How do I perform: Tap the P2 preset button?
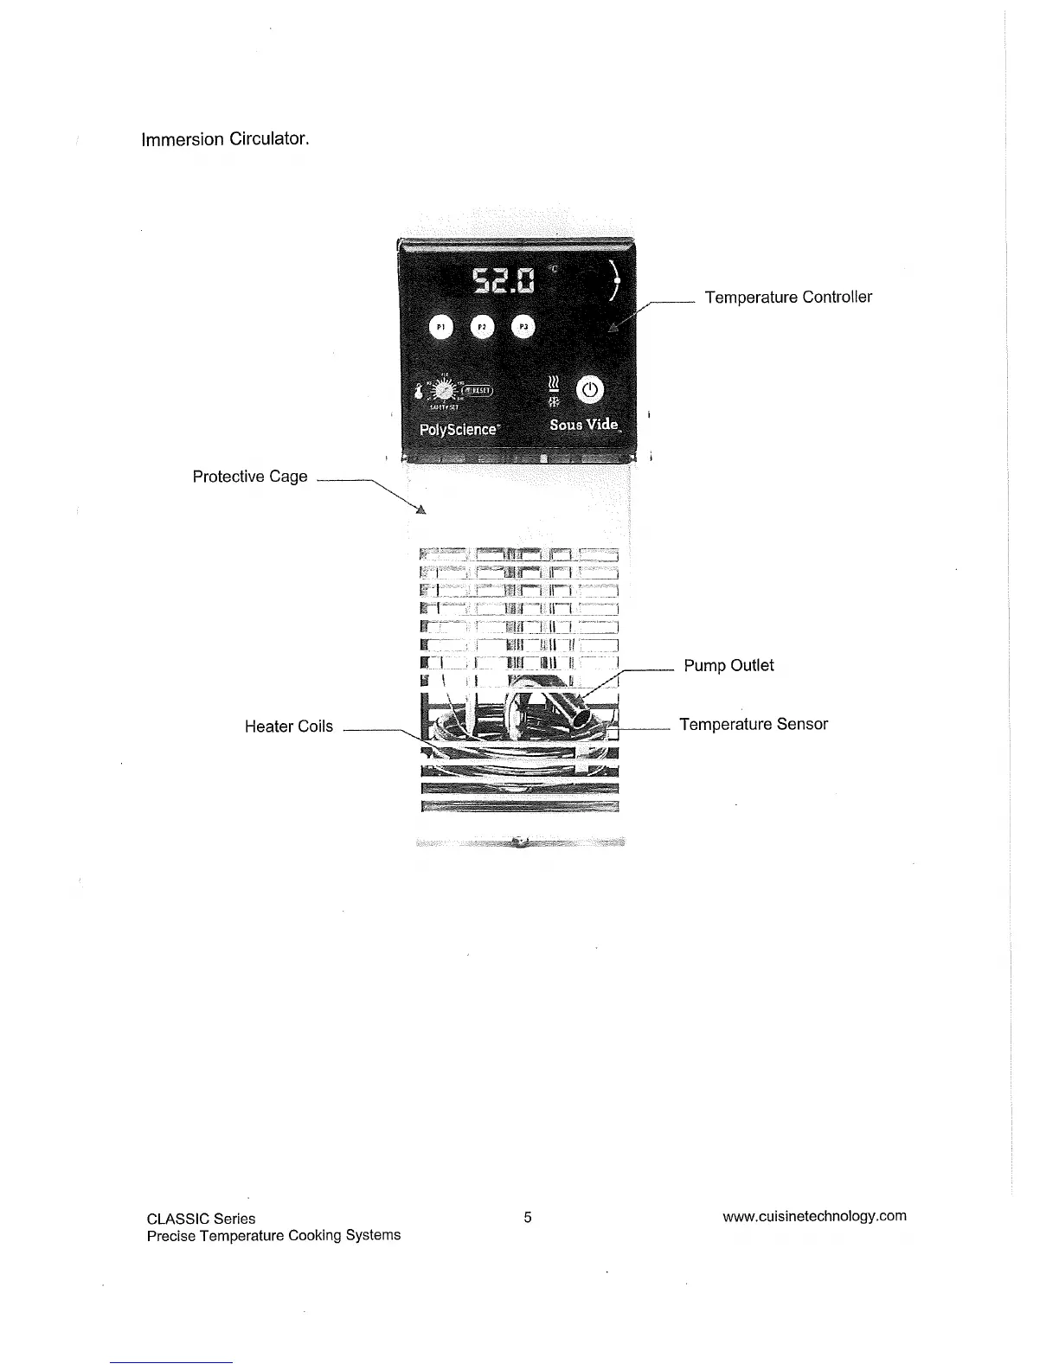click(483, 328)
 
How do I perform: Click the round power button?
click(589, 390)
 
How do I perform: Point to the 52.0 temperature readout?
click(503, 281)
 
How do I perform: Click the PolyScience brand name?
click(459, 429)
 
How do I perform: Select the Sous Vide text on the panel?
click(585, 425)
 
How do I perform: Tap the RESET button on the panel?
click(478, 390)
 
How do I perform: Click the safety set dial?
click(446, 391)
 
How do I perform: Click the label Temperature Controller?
click(788, 298)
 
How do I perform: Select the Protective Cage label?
click(249, 477)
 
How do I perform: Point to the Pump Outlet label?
click(728, 666)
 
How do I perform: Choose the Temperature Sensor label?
click(754, 725)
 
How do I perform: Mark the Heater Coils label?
click(288, 727)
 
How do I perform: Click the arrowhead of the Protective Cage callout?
click(421, 509)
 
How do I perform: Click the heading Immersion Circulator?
click(225, 139)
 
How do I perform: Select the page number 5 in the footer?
click(528, 1218)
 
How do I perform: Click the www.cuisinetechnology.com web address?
click(814, 1216)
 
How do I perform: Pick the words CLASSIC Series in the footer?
click(201, 1219)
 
